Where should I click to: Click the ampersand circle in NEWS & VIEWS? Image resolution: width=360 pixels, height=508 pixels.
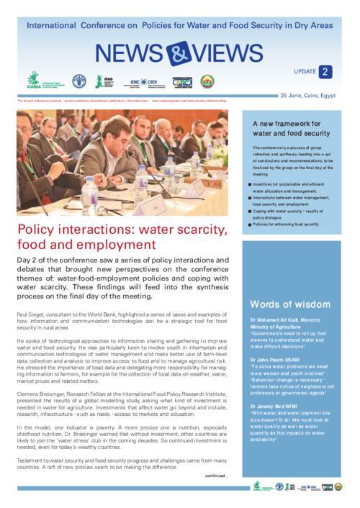coord(176,53)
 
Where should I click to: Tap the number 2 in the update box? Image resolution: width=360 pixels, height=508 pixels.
coord(326,71)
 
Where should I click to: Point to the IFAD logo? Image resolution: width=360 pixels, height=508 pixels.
coord(107,81)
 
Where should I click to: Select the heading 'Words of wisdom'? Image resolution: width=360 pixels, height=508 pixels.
coord(290,304)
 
